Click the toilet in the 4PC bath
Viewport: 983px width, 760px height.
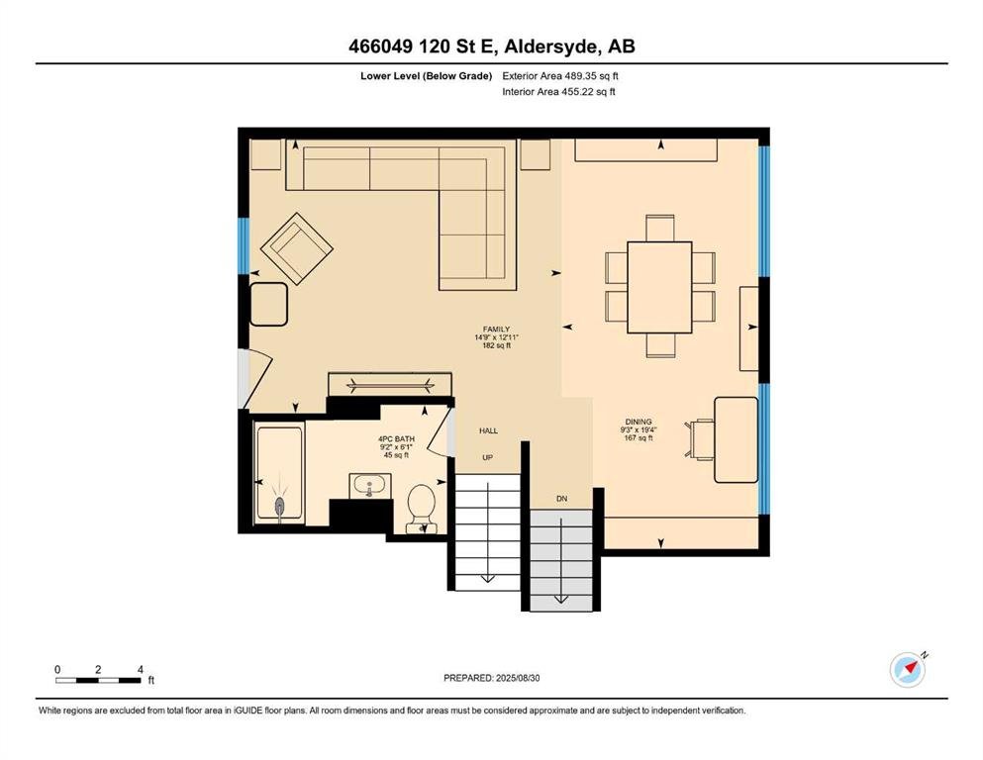click(422, 508)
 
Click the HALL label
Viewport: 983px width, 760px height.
click(488, 430)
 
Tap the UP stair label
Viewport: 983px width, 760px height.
click(488, 457)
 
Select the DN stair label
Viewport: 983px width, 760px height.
click(561, 499)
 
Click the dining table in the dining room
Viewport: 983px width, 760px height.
click(659, 288)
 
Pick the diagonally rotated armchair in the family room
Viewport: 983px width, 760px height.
click(297, 248)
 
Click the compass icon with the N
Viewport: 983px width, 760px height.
click(908, 670)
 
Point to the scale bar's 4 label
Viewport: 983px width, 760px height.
click(141, 669)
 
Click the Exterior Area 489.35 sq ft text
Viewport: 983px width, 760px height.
click(560, 76)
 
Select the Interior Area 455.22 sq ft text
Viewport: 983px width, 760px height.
click(558, 91)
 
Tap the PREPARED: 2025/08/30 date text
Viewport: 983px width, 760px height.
click(491, 678)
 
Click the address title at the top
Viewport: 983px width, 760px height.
click(491, 47)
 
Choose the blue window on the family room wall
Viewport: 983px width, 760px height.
click(244, 245)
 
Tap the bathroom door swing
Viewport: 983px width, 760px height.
click(439, 431)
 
